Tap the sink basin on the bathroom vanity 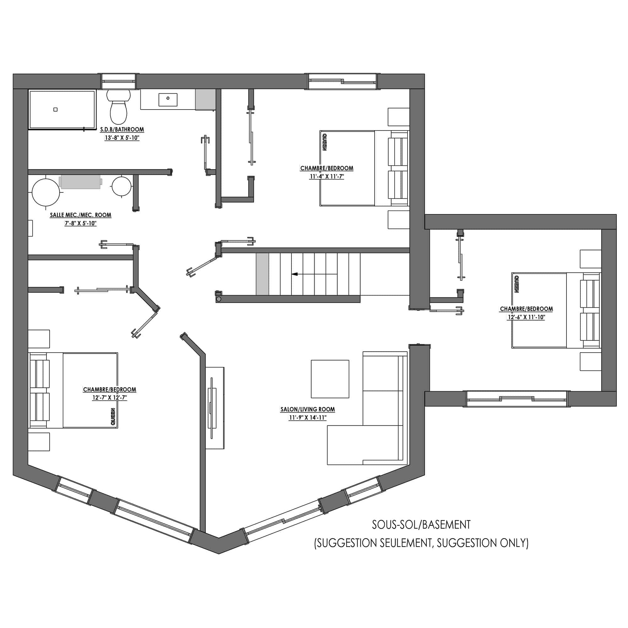click(x=168, y=100)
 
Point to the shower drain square click(x=56, y=110)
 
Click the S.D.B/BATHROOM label click(x=122, y=129)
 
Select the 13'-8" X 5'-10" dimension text click(x=122, y=138)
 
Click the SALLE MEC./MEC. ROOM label click(x=81, y=215)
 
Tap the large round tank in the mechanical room click(x=46, y=192)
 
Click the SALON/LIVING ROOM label click(x=307, y=409)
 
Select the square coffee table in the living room click(x=330, y=379)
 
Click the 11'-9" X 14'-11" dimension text click(x=307, y=418)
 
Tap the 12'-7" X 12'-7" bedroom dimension click(x=110, y=398)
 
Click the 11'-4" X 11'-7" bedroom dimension click(x=327, y=176)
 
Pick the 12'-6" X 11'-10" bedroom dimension click(x=526, y=317)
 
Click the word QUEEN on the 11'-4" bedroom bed click(x=324, y=142)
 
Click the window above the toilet click(x=119, y=81)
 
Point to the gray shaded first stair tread click(x=262, y=274)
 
